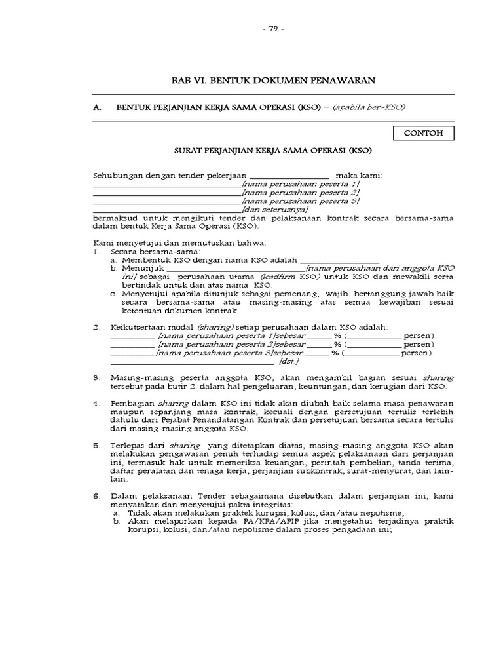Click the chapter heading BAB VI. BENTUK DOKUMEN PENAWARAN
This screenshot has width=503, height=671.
pyautogui.click(x=272, y=80)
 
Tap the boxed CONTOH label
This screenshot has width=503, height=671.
pyautogui.click(x=423, y=133)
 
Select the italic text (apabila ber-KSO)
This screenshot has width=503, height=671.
pyautogui.click(x=373, y=107)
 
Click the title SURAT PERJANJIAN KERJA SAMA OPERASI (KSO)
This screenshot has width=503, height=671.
pyautogui.click(x=272, y=150)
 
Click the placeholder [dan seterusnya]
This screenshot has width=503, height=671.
pyautogui.click(x=270, y=209)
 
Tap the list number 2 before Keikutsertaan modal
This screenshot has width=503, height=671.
pyautogui.click(x=96, y=326)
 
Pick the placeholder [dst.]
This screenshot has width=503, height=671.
pyautogui.click(x=289, y=361)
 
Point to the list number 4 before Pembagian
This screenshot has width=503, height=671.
pyautogui.click(x=96, y=403)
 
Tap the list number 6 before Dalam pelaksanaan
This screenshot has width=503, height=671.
pyautogui.click(x=96, y=496)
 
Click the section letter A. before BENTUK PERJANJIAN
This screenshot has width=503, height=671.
pyautogui.click(x=97, y=107)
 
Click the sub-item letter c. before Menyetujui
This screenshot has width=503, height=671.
pyautogui.click(x=114, y=295)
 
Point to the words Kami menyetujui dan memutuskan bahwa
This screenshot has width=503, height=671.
pyautogui.click(x=166, y=243)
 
